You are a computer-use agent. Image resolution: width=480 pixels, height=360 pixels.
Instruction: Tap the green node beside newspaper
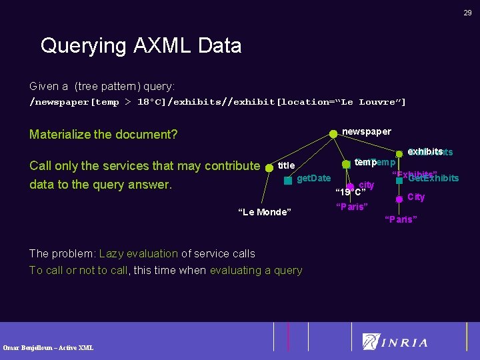coord(333,133)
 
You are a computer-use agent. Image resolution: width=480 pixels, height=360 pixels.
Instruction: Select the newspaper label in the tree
coord(366,131)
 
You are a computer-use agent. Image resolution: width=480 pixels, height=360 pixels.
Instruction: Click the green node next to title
coord(269,167)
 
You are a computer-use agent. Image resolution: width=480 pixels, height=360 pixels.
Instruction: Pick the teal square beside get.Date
coord(288,180)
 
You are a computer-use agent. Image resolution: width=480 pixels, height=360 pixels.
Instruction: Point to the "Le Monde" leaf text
coord(265,212)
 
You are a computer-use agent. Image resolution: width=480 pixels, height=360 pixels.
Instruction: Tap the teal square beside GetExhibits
coord(399,179)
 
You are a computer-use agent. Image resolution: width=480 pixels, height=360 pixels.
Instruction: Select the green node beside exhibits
coord(399,154)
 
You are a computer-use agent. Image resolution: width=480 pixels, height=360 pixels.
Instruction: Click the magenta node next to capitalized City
coord(399,198)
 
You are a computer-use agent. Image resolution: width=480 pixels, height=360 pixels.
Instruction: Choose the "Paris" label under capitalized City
coord(401,219)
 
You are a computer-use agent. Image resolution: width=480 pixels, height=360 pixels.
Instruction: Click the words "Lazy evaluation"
coord(138,253)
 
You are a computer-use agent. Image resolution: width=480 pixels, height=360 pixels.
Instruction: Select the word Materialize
coord(61,135)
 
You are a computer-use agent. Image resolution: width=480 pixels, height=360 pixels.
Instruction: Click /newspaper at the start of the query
coord(59,102)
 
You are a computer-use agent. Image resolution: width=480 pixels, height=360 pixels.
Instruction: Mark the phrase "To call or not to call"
coord(78,270)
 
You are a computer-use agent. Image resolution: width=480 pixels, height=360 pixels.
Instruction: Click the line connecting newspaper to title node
coord(301,150)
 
